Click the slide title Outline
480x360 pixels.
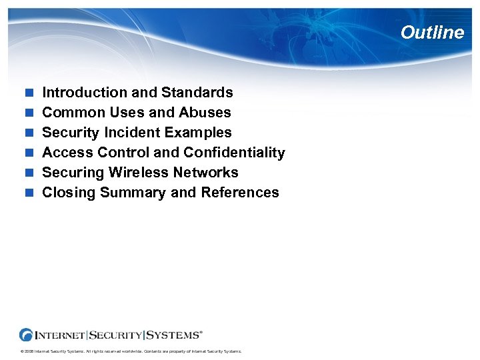point(432,33)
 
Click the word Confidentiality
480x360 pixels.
point(234,153)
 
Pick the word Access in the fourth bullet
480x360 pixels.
point(65,153)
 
